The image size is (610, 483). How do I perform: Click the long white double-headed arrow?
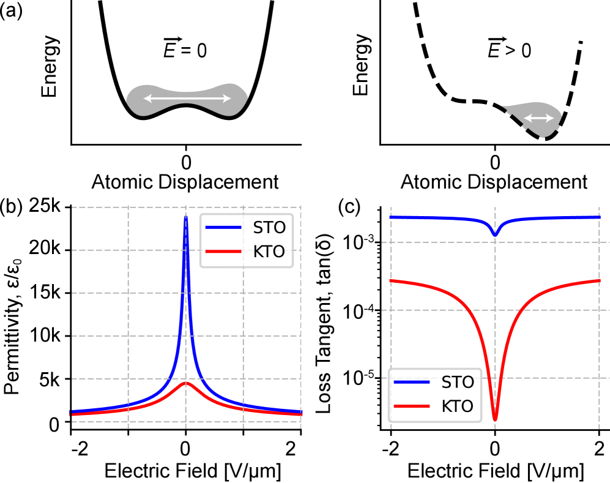[187, 99]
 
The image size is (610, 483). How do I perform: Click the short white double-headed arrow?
[538, 118]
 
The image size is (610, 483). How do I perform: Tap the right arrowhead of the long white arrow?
[227, 99]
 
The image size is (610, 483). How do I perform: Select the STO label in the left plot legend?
[269, 228]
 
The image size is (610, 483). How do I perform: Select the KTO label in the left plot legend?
[269, 252]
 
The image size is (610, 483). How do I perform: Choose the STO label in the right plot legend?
[458, 383]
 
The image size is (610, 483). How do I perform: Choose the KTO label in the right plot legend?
[458, 406]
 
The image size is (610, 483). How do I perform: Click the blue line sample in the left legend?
[223, 228]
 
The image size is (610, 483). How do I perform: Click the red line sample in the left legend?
[223, 252]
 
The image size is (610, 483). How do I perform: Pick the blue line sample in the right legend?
[412, 383]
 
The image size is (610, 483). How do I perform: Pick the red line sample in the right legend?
[412, 406]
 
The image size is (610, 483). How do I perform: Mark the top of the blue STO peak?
[186, 217]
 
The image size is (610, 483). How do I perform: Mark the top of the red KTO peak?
[186, 383]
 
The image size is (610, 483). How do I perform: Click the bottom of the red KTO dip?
[495, 420]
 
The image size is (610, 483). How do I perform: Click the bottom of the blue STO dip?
[495, 235]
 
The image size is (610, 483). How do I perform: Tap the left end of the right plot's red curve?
[391, 281]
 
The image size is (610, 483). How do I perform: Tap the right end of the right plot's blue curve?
[599, 217]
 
